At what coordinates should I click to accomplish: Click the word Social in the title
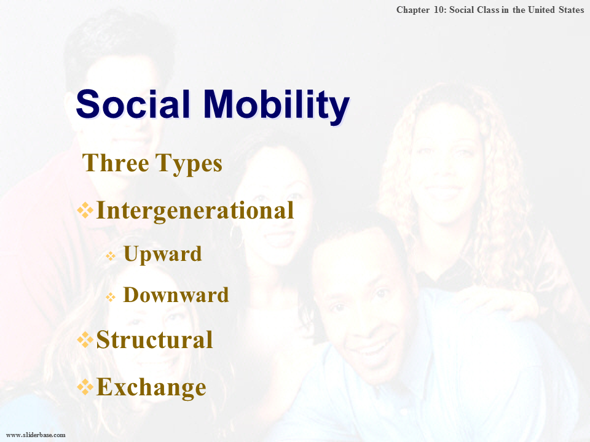[x=133, y=104]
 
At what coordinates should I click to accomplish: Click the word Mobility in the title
[x=277, y=107]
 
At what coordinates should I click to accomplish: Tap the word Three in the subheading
[x=116, y=163]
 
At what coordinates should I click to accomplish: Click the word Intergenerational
[x=195, y=211]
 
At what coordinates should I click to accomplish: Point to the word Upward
[x=162, y=254]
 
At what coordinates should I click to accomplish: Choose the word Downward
[x=176, y=295]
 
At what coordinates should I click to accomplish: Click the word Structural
[x=155, y=339]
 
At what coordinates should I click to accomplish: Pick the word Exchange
[x=151, y=387]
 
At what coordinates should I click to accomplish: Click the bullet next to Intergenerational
[x=85, y=210]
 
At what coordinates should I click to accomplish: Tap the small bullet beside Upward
[x=111, y=257]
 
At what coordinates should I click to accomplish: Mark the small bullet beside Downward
[x=111, y=297]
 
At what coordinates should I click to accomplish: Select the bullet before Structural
[x=85, y=339]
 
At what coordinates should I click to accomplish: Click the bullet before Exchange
[x=85, y=387]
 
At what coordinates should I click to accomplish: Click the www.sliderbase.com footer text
[x=36, y=435]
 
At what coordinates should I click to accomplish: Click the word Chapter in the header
[x=413, y=10]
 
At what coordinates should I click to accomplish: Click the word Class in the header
[x=487, y=10]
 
